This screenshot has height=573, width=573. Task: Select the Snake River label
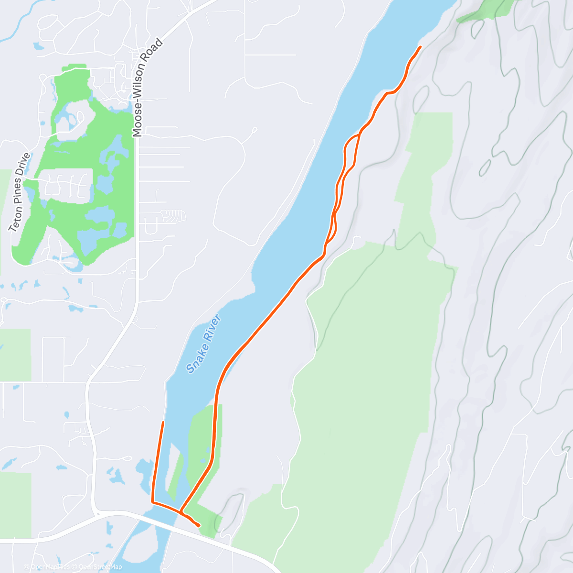tap(204, 344)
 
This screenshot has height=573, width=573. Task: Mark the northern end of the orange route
tap(420, 46)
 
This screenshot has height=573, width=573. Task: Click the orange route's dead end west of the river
tap(163, 422)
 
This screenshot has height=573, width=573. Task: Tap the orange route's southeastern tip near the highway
tap(199, 526)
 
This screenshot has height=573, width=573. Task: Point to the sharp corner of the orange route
tap(152, 502)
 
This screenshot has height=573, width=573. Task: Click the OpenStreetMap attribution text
tap(100, 567)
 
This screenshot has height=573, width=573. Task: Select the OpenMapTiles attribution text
tap(50, 567)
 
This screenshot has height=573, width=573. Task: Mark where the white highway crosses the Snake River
tap(158, 518)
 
